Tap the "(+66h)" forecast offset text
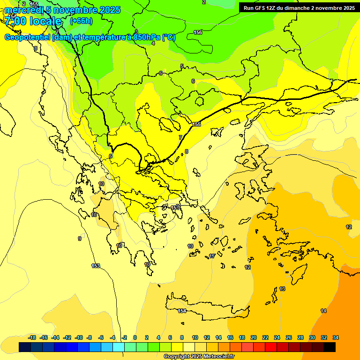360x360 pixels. pyautogui.click(x=81, y=21)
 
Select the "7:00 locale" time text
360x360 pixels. pyautogui.click(x=32, y=22)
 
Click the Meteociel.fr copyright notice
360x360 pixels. pyautogui.click(x=199, y=357)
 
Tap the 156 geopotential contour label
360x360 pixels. pyautogui.click(x=198, y=32)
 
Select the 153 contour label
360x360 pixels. pyautogui.click(x=96, y=266)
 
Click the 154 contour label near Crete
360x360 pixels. pyautogui.click(x=182, y=311)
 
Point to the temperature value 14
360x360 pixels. pyautogui.click(x=323, y=311)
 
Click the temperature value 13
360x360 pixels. pyautogui.click(x=282, y=289)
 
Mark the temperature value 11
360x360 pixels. pyautogui.click(x=212, y=256)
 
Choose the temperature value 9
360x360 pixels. pyautogui.click(x=80, y=239)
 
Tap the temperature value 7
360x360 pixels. pyautogui.click(x=180, y=137)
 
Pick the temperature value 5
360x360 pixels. pyautogui.click(x=182, y=66)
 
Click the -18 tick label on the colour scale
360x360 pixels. pyautogui.click(x=32, y=337)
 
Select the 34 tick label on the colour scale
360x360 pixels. pyautogui.click(x=336, y=337)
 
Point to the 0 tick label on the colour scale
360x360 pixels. pyautogui.click(x=135, y=337)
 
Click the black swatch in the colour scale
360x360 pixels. pyautogui.click(x=329, y=347)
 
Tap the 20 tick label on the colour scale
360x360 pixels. pyautogui.click(x=254, y=337)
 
